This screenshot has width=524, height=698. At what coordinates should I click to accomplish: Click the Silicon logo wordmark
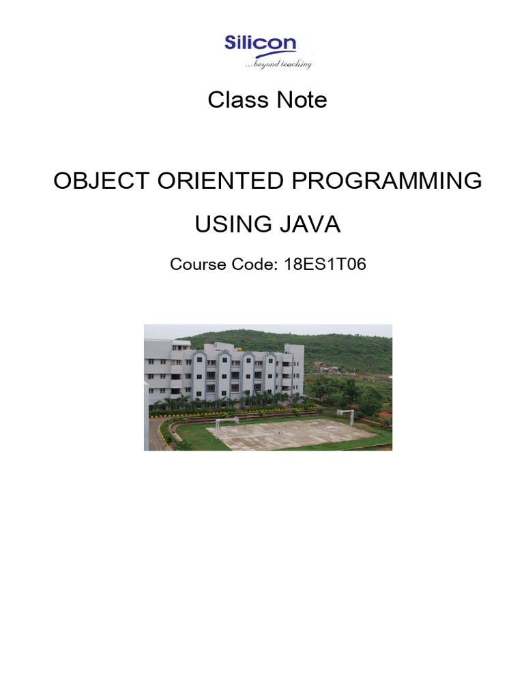point(260,43)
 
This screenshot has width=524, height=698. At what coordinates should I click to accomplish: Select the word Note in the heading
point(302,100)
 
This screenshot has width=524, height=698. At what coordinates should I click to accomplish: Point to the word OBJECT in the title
point(101,181)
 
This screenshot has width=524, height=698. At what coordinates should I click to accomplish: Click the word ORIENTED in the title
point(220,181)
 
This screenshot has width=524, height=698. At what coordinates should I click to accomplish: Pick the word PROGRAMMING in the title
point(387,181)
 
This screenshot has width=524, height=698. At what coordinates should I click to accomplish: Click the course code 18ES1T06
point(325,264)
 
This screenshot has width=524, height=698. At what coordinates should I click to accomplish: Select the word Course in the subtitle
point(198,264)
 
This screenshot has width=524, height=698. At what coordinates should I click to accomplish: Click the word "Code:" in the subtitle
point(254,264)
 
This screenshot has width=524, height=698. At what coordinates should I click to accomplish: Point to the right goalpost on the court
point(346,416)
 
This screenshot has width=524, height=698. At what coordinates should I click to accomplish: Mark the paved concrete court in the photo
point(292,434)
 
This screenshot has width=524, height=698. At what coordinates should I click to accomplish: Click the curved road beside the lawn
point(154,434)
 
